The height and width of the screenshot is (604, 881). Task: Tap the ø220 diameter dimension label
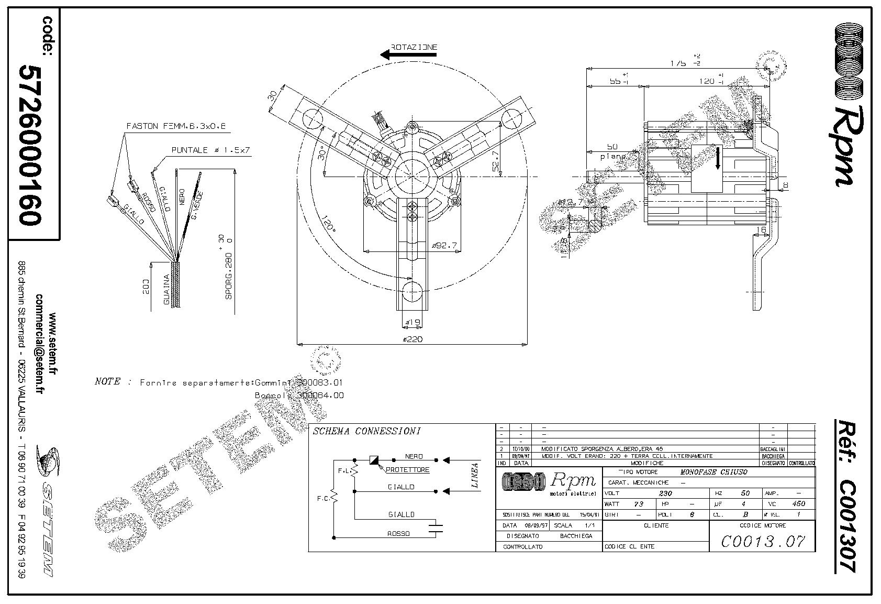point(412,339)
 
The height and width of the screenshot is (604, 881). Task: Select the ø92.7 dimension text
point(444,245)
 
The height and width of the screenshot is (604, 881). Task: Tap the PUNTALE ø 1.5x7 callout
point(211,150)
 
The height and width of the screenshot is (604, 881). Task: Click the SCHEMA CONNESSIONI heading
point(366,432)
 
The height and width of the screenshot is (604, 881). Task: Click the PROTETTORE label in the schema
point(407,470)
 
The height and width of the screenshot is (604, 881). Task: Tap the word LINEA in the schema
point(475,475)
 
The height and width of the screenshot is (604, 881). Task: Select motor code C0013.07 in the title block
point(762,541)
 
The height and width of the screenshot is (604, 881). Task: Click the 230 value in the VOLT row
point(665,493)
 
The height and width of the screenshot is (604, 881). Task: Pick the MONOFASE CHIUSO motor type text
point(714,472)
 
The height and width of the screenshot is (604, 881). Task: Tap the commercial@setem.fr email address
point(40,344)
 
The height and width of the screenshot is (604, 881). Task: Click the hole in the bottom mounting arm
point(412,291)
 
